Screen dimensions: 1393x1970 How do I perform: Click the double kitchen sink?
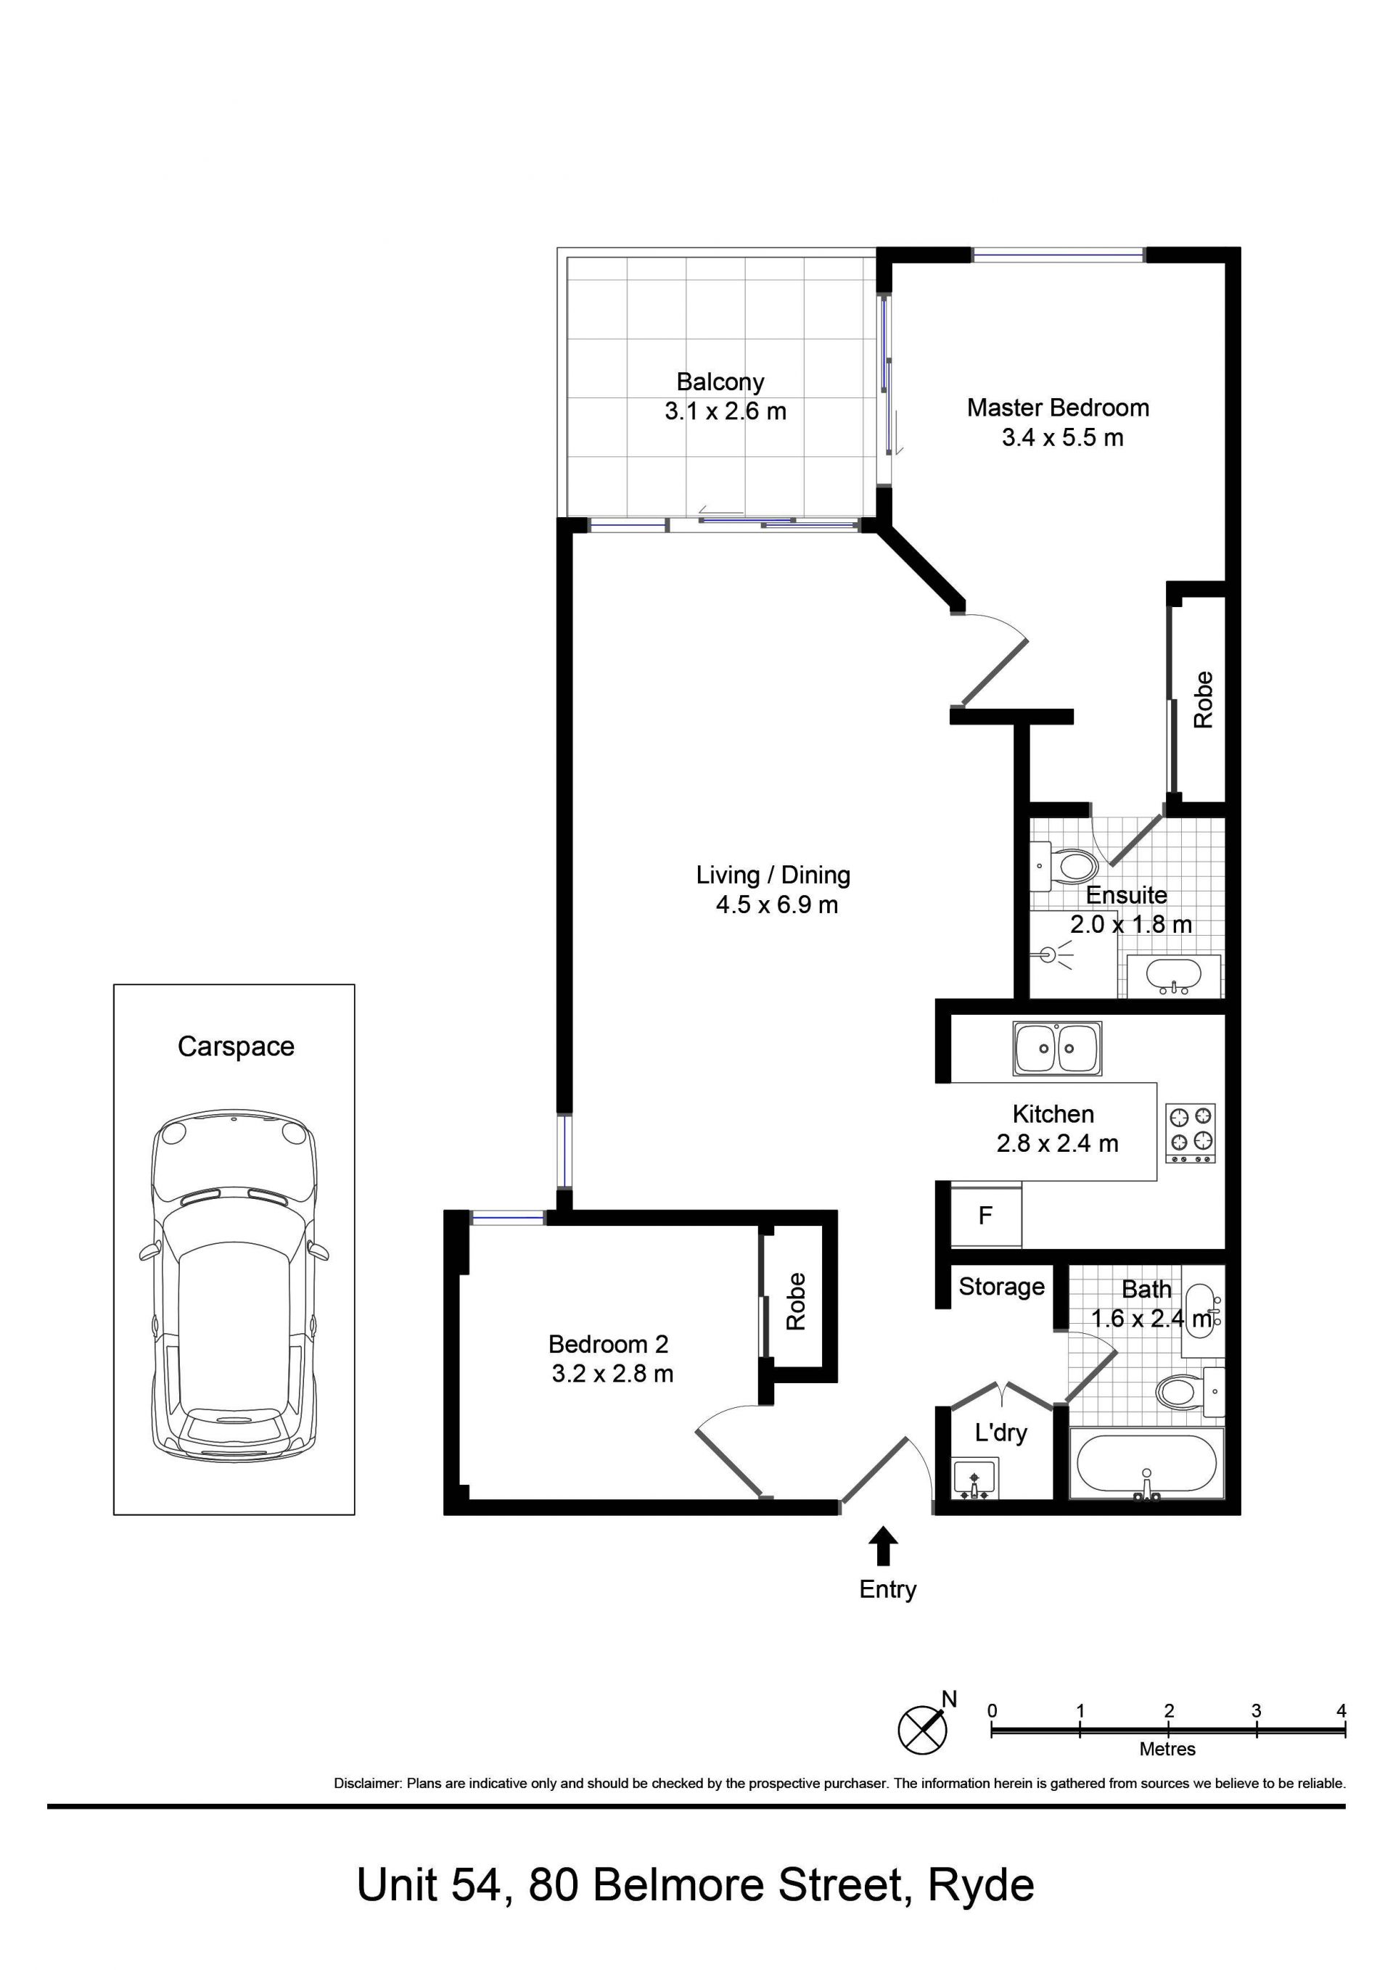point(1056,1049)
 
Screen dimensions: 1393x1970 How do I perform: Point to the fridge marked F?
point(986,1215)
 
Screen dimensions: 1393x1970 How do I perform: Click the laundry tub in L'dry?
point(974,1477)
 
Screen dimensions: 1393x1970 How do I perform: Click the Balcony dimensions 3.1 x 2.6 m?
point(726,411)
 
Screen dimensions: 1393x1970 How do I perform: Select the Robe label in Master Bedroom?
point(1204,699)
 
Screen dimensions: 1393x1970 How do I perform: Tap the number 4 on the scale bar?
point(1341,1710)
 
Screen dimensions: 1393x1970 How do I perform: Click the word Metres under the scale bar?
point(1167,1749)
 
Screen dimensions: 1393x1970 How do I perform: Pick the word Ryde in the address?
point(981,1885)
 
